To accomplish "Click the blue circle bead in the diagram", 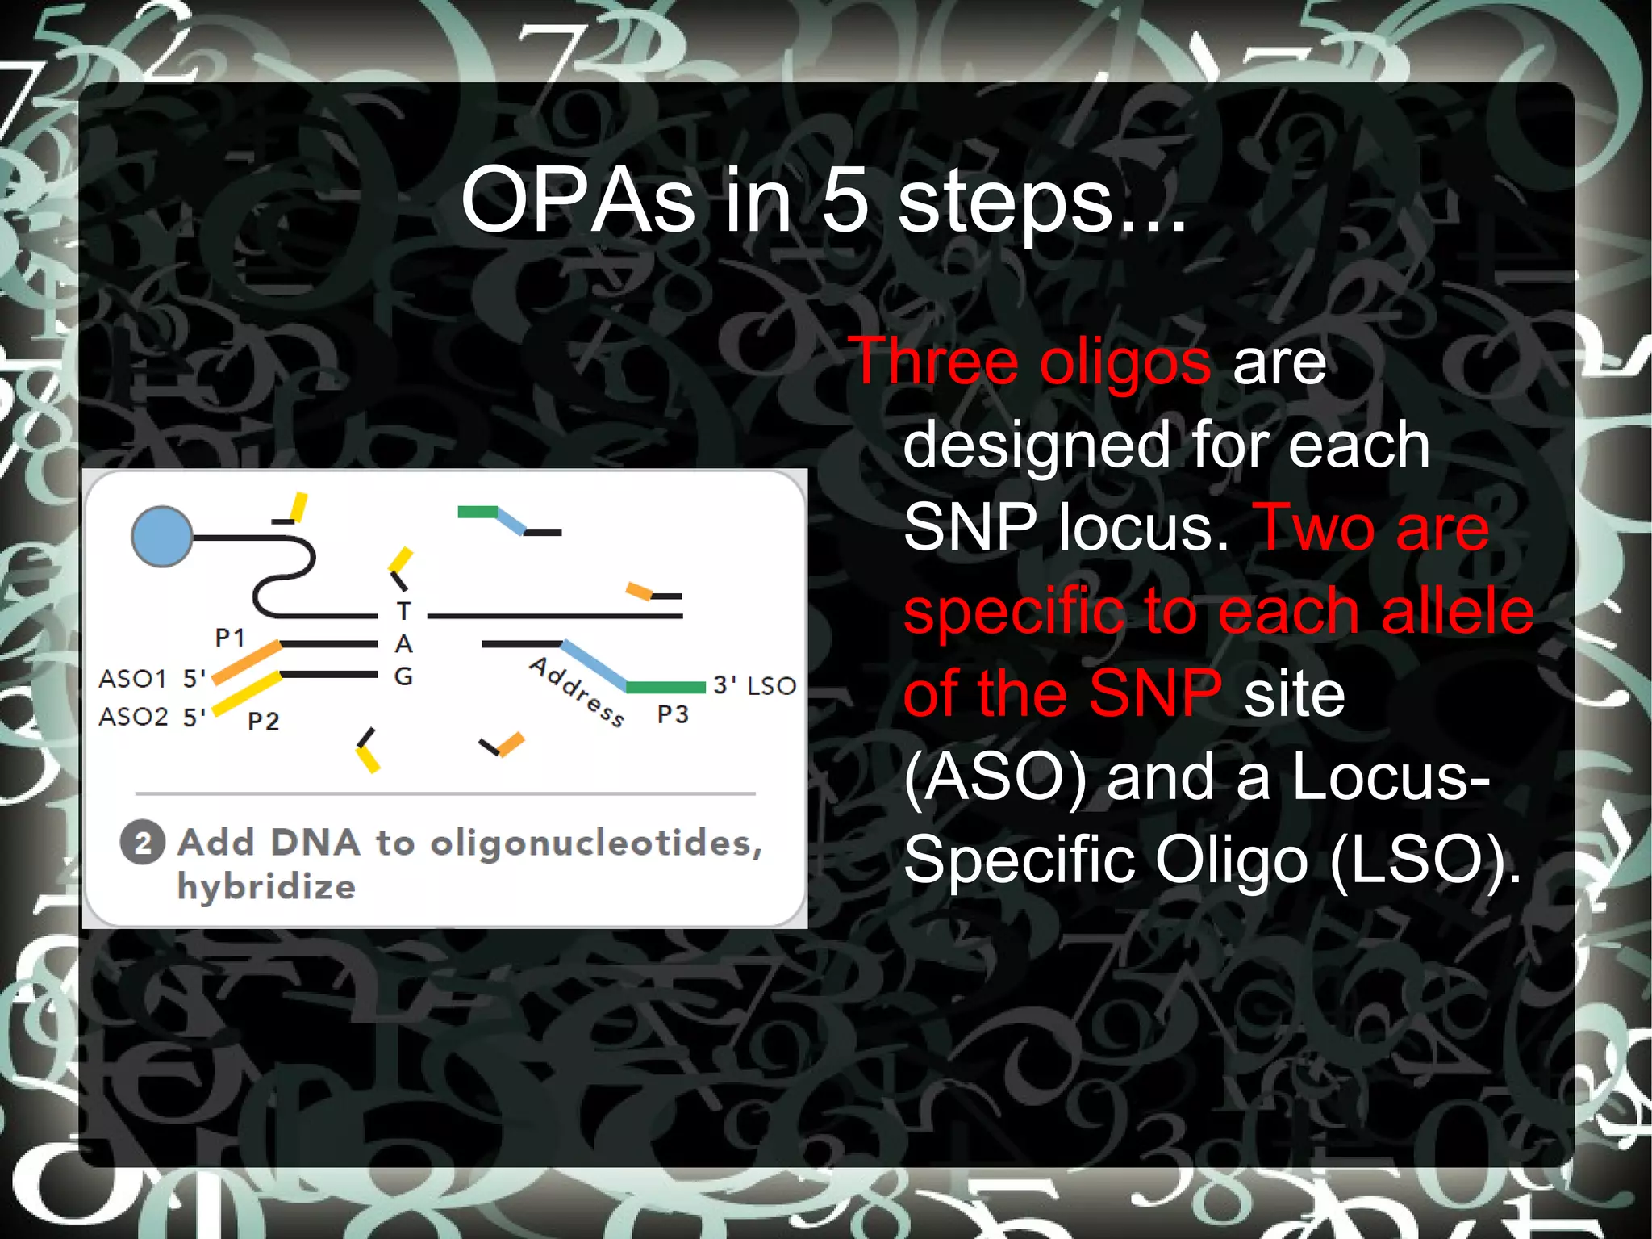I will (x=162, y=537).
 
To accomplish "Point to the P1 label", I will (x=230, y=638).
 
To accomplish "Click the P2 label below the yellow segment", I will (x=263, y=721).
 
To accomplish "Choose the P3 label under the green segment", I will (x=673, y=714).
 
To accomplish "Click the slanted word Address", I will (x=577, y=692).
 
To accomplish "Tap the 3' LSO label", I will (x=754, y=686).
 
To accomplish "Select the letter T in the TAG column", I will (x=403, y=611).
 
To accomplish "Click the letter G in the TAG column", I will (x=403, y=676).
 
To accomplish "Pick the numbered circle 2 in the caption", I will (x=143, y=843).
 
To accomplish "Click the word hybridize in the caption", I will (x=266, y=887).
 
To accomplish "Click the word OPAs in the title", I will (x=578, y=200).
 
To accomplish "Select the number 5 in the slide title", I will (x=845, y=200).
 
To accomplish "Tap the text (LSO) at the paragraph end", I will (x=1425, y=860).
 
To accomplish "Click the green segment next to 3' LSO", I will (x=666, y=688).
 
